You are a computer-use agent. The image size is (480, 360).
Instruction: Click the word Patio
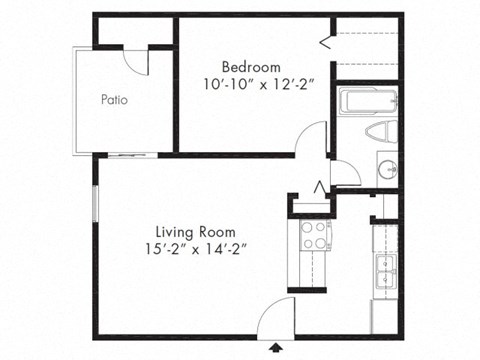pos(113,99)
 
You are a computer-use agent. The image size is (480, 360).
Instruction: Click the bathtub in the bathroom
pos(368,102)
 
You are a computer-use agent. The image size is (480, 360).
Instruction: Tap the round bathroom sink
pos(385,168)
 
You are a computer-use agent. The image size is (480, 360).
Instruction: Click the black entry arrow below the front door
pos(277,347)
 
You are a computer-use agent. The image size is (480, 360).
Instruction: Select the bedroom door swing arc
pos(314,138)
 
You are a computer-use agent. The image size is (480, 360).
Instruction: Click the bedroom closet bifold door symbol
pos(326,39)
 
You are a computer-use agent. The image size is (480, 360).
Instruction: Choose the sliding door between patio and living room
pos(130,155)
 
